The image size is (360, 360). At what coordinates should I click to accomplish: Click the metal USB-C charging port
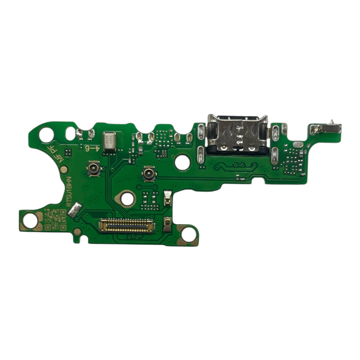237,135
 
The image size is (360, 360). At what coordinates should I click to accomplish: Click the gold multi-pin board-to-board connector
127,226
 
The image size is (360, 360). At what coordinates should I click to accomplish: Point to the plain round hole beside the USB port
182,163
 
